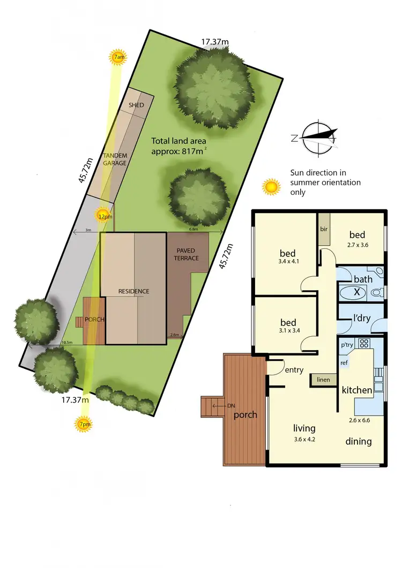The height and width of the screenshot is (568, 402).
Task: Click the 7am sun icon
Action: [x=117, y=57]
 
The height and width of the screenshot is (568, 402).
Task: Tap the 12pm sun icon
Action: [x=105, y=216]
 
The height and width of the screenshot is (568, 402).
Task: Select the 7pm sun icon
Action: [x=84, y=424]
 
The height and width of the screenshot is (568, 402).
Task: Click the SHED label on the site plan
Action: [x=136, y=105]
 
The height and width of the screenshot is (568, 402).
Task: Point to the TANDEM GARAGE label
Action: [x=115, y=159]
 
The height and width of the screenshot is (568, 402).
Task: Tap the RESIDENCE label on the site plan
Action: [x=134, y=291]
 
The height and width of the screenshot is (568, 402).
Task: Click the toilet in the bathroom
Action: [x=377, y=293]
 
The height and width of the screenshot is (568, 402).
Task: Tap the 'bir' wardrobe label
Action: [x=324, y=229]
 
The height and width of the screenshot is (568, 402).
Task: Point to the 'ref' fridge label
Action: [x=344, y=362]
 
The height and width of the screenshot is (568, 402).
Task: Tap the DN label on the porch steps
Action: [x=231, y=405]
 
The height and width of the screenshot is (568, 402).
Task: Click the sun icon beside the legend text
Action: [x=271, y=187]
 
